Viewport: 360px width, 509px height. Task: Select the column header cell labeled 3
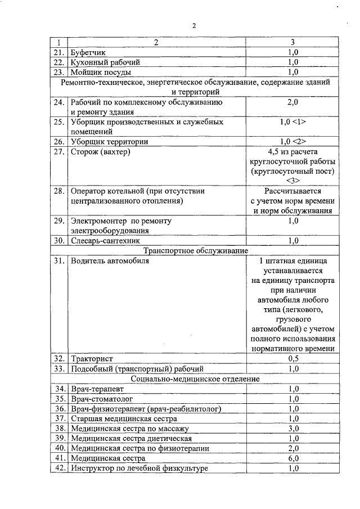292,42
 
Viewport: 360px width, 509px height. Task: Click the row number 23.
59,72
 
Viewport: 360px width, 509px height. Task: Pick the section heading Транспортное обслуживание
196,251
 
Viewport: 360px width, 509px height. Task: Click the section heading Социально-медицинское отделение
195,379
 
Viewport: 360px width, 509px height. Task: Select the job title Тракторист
92,358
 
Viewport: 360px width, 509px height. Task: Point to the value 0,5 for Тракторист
292,358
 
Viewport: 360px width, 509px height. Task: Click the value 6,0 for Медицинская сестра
292,458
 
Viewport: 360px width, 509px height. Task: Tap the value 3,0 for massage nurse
292,428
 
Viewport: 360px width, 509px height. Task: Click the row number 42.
59,468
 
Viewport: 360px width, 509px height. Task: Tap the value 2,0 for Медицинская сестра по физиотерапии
292,448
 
